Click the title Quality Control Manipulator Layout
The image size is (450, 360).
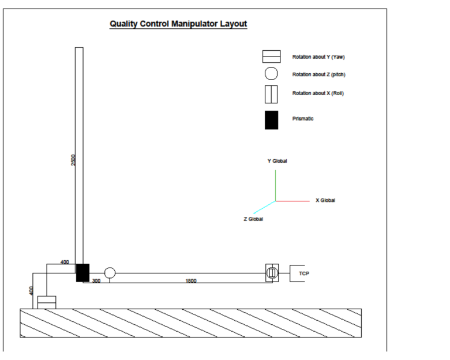pyautogui.click(x=178, y=24)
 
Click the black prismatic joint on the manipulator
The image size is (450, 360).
pyautogui.click(x=82, y=272)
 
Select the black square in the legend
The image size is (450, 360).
pyautogui.click(x=271, y=119)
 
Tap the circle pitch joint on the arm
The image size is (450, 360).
pyautogui.click(x=110, y=273)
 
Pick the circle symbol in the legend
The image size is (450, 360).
pyautogui.click(x=271, y=74)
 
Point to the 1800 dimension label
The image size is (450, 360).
pyautogui.click(x=191, y=281)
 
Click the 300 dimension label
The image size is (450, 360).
pyautogui.click(x=96, y=281)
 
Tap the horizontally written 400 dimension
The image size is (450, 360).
pyautogui.click(x=65, y=262)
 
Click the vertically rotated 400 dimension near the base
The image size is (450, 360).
pyautogui.click(x=31, y=291)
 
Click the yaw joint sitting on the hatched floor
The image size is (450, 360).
pyautogui.click(x=46, y=302)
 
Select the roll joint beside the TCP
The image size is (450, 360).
pyautogui.click(x=272, y=272)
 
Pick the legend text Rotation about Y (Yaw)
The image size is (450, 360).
pyautogui.click(x=318, y=57)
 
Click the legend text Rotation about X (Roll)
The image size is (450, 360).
pyautogui.click(x=318, y=93)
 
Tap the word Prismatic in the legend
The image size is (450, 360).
pyautogui.click(x=303, y=118)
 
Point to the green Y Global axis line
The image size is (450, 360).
pyautogui.click(x=275, y=185)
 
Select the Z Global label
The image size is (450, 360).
pyautogui.click(x=253, y=219)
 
